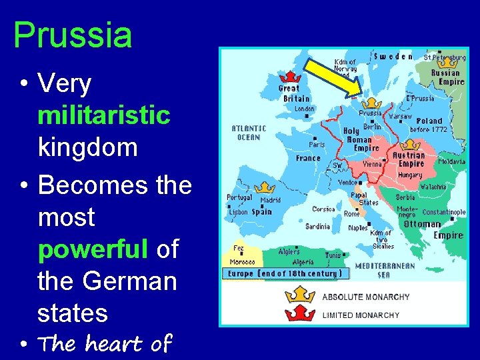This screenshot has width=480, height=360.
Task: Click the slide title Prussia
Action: pos(73,35)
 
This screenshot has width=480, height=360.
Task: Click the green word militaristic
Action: pos(104,115)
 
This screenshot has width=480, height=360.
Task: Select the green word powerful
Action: pos(93,249)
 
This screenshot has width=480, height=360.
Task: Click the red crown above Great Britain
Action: pos(291,76)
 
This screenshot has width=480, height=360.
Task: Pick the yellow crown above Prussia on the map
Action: pos(370,103)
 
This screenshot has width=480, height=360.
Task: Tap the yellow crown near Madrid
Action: pos(264,189)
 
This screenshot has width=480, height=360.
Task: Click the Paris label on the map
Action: pos(317,144)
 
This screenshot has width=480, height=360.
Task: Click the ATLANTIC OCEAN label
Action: pos(249,133)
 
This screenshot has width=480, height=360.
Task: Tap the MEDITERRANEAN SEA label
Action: pos(385,269)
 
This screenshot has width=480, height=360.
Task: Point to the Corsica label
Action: pos(323,209)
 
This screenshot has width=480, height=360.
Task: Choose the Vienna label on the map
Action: pos(373,163)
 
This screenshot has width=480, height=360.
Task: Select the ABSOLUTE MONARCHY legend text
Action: pos(366,297)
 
